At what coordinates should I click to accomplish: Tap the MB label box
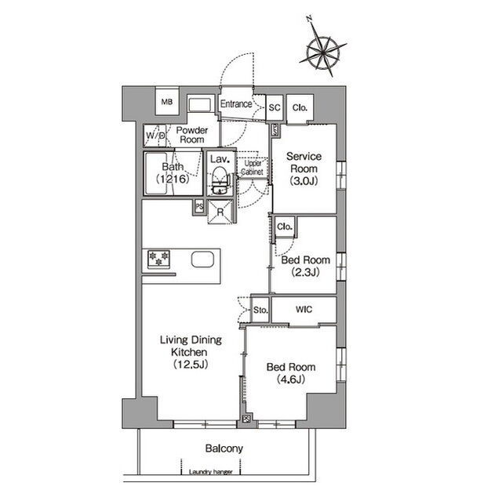[167, 101]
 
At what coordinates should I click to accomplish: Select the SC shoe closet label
[275, 108]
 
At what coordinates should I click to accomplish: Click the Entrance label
[236, 104]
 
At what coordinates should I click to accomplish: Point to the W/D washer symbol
[155, 136]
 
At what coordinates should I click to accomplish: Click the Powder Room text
[192, 135]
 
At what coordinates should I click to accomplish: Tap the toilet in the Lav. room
[220, 181]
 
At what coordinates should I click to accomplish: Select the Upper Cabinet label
[253, 168]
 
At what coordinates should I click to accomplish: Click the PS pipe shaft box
[199, 206]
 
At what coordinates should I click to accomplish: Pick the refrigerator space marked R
[220, 212]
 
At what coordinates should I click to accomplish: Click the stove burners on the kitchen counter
[158, 259]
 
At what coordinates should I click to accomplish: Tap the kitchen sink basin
[202, 260]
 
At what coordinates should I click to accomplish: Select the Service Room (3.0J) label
[304, 169]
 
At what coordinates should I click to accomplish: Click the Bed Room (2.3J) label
[305, 266]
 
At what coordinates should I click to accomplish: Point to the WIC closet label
[304, 310]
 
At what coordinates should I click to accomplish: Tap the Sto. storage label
[260, 310]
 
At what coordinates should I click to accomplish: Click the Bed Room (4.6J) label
[291, 373]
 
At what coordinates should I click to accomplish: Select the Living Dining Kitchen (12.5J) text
[191, 352]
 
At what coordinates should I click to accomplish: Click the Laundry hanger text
[211, 471]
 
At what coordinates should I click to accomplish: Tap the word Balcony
[224, 448]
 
